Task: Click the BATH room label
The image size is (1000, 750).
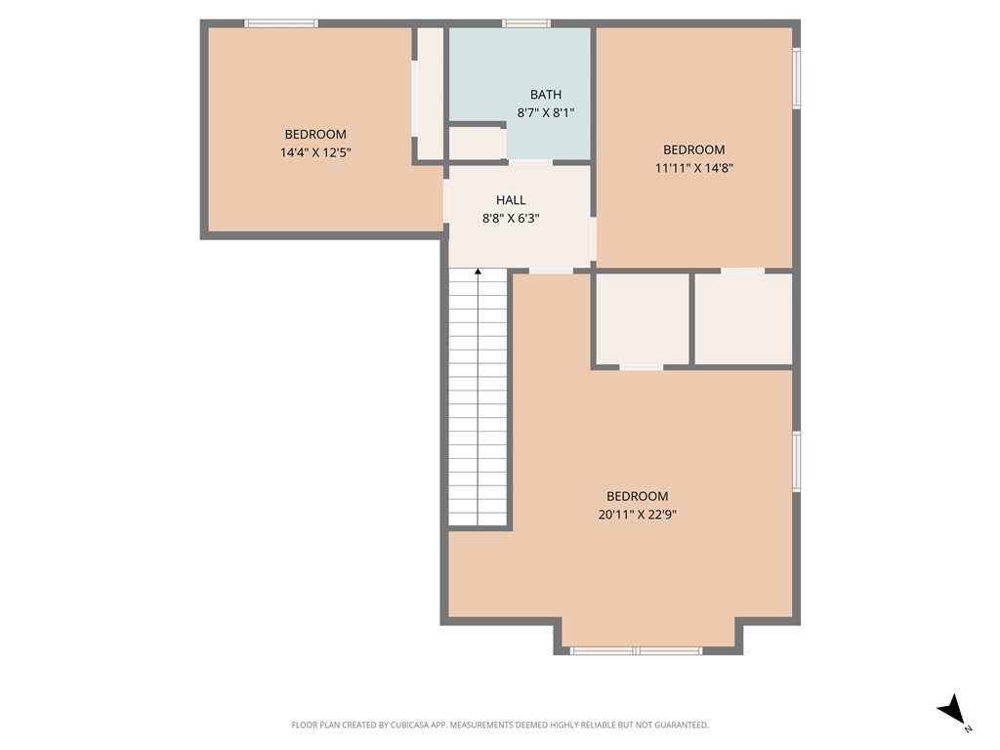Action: click(x=545, y=95)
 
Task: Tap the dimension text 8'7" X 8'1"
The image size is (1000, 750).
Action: click(x=545, y=112)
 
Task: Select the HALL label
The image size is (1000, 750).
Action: click(x=511, y=200)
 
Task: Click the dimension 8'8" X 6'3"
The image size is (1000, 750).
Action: click(x=511, y=219)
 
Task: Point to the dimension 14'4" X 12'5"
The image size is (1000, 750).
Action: click(x=314, y=152)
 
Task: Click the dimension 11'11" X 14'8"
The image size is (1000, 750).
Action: click(x=693, y=167)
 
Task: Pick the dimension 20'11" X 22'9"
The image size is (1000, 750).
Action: click(x=637, y=514)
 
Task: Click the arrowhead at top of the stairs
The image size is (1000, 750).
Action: click(x=478, y=272)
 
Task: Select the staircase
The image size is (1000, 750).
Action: click(x=478, y=400)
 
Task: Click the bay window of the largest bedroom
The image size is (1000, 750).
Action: click(x=636, y=649)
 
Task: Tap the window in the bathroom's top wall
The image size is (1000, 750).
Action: click(x=525, y=22)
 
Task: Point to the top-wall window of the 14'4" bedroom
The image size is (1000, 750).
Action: click(x=281, y=22)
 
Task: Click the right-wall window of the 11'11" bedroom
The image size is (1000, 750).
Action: click(x=796, y=78)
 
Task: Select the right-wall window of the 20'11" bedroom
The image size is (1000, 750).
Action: click(x=796, y=461)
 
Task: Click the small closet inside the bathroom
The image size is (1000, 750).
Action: click(x=475, y=143)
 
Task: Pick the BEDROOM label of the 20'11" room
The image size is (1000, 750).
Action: click(x=637, y=496)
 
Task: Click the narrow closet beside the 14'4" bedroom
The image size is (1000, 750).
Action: click(x=430, y=93)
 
